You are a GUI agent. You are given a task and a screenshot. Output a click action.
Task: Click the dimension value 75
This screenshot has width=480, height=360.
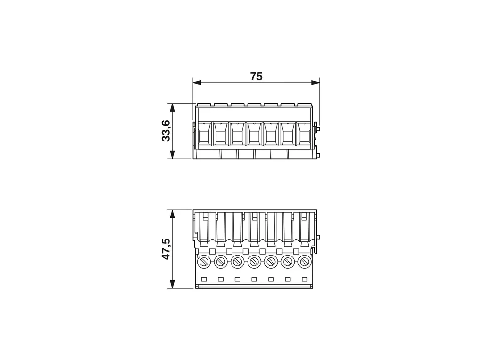[x=256, y=76]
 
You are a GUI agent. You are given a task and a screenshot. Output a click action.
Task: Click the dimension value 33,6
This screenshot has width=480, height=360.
[x=166, y=131]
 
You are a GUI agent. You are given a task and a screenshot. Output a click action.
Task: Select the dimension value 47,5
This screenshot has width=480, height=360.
[x=166, y=249]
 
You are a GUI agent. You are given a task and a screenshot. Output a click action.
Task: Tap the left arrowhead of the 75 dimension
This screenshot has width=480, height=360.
[x=197, y=83]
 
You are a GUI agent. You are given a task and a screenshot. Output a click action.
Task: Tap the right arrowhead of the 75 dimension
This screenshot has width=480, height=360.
[x=315, y=83]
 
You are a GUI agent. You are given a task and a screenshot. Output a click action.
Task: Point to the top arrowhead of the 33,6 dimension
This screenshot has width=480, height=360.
[x=173, y=107]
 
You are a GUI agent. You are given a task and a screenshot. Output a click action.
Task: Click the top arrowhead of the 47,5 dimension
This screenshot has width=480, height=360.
[x=173, y=214]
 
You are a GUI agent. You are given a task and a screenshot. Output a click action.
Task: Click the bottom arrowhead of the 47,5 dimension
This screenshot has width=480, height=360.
[x=173, y=284]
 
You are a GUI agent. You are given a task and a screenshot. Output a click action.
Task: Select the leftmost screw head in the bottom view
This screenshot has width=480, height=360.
[x=204, y=262]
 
